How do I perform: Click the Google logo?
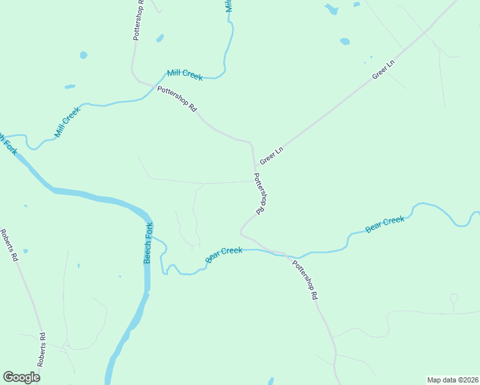click(21, 377)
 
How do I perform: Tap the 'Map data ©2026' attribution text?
click(452, 379)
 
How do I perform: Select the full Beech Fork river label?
click(148, 243)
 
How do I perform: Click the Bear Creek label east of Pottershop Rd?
click(385, 224)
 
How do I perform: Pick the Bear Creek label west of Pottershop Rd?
click(224, 254)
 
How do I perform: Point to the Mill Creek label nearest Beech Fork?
click(67, 122)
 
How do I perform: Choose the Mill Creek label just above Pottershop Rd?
click(185, 74)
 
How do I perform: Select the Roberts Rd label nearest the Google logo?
click(42, 349)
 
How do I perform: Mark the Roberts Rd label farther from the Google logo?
click(10, 246)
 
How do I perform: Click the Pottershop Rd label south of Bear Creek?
click(305, 280)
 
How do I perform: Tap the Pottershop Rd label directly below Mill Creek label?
click(177, 99)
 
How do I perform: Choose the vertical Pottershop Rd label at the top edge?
click(139, 21)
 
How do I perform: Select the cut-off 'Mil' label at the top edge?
click(228, 6)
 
